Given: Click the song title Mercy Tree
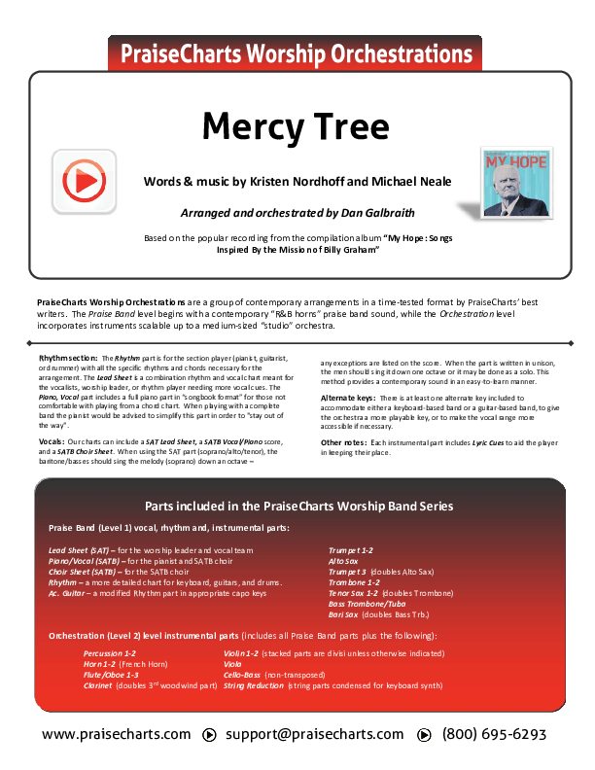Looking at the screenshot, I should [x=297, y=125].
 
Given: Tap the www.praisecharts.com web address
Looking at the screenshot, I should [x=117, y=734].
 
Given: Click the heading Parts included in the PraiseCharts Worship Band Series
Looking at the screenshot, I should [x=298, y=507].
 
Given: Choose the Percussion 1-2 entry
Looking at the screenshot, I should [x=110, y=653].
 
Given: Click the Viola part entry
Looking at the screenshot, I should [x=233, y=664].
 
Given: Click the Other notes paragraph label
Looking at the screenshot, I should [x=341, y=442].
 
